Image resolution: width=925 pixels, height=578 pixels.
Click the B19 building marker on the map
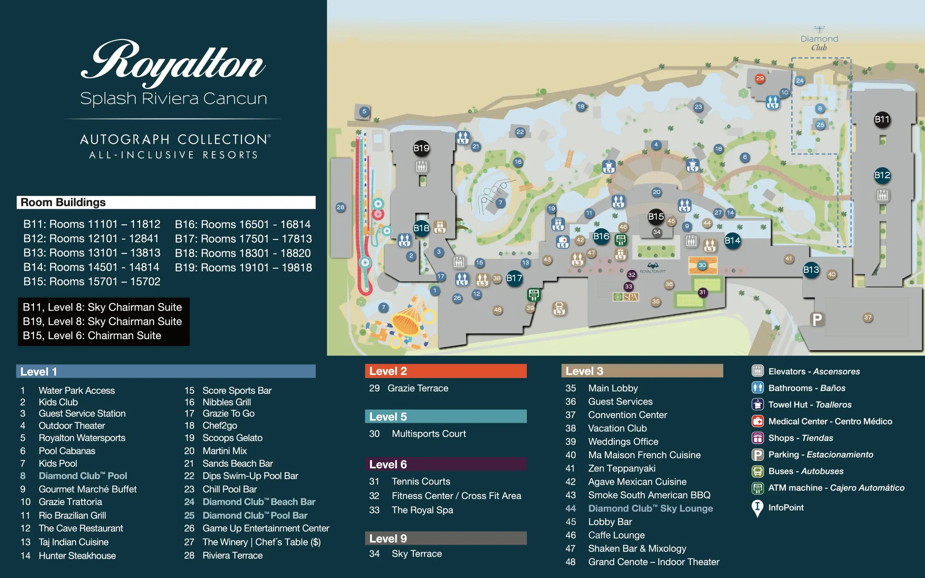point(421,148)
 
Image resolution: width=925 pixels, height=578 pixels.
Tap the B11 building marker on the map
point(882,119)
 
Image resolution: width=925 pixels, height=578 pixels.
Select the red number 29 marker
point(760,79)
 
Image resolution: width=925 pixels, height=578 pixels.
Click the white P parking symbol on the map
point(817,319)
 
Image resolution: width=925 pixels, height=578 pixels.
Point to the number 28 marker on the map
point(340,207)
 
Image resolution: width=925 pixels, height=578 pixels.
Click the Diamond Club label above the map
point(819,42)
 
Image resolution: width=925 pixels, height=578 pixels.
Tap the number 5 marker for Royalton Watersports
point(364,112)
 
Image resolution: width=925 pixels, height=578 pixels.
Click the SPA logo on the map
point(626,297)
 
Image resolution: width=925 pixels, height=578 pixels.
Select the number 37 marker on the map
point(868,318)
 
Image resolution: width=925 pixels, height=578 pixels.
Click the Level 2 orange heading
point(446,371)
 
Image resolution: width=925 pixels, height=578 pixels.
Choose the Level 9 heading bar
point(446,538)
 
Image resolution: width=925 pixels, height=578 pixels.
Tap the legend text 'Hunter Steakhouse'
point(77,556)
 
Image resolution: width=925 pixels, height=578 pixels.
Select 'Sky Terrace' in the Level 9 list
point(417,554)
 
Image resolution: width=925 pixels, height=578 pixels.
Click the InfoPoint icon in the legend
point(757,508)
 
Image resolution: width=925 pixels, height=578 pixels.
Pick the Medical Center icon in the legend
point(757,421)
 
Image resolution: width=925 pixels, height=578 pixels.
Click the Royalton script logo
point(173,64)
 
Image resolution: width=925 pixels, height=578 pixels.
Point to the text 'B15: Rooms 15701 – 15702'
point(92,282)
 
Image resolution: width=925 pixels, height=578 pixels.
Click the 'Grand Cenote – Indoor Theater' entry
point(653,562)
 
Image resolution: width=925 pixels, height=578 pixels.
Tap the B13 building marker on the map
point(811,270)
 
